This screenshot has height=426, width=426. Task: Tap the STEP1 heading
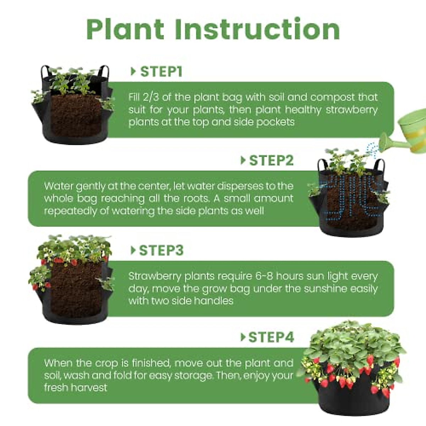pos(161,72)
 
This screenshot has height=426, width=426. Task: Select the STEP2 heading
pos(271,160)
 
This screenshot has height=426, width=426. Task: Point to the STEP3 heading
pos(161,251)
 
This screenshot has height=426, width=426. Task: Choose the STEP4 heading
pos(271,337)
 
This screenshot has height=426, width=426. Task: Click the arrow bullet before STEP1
pos(133,72)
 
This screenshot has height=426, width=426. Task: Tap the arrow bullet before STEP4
pos(243,337)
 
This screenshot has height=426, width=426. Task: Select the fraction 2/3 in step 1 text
pos(151,97)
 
